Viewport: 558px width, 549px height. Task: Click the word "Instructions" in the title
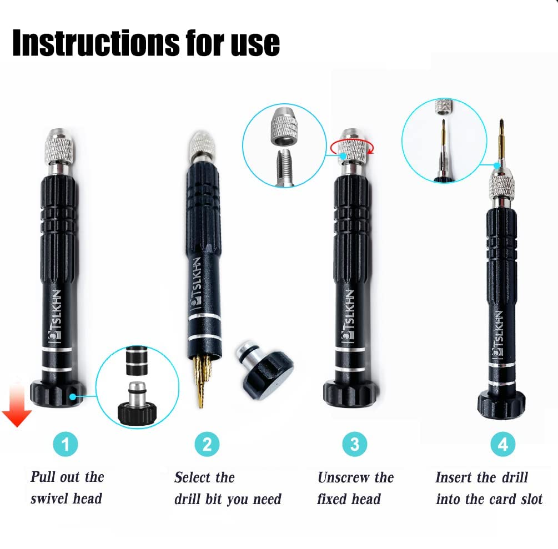(x=96, y=43)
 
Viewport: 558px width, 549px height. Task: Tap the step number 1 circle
(x=66, y=444)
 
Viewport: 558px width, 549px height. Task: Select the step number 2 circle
(x=207, y=444)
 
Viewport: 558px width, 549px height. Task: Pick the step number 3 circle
(x=354, y=444)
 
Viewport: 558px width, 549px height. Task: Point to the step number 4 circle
(x=503, y=444)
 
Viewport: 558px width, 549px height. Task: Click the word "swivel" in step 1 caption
(x=51, y=498)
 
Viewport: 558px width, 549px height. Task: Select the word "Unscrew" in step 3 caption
(x=344, y=477)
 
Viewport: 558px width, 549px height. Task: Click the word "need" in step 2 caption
(x=267, y=499)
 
